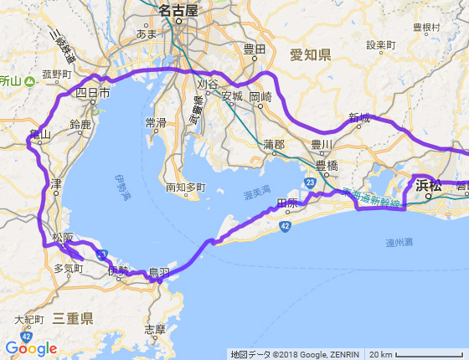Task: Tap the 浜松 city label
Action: point(428,186)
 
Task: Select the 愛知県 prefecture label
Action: point(311,55)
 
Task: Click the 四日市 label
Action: point(93,94)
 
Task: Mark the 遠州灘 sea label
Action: point(399,243)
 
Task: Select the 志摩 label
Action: point(155,329)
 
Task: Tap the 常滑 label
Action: point(156,123)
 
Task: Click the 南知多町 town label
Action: point(185,188)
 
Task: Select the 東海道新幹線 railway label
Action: point(373,193)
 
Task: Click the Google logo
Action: point(30,348)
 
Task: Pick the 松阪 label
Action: point(63,239)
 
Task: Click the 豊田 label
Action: point(254,49)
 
